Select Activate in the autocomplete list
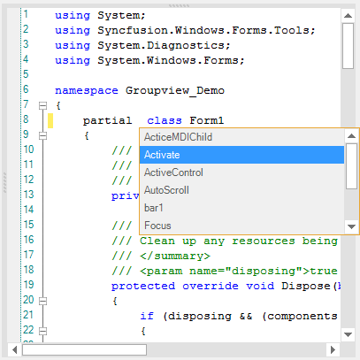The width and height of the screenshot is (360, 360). tap(162, 155)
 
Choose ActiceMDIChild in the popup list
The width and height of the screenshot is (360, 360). tap(178, 137)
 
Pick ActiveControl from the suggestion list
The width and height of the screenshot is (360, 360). tap(173, 172)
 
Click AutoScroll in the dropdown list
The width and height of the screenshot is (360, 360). tap(166, 190)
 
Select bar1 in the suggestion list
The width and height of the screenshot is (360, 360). tap(154, 208)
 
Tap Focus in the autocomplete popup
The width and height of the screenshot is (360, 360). tap(157, 226)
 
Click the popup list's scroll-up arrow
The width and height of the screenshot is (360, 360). tap(351, 136)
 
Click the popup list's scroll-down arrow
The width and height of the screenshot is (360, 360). tap(351, 226)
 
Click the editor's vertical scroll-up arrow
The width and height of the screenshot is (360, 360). tap(348, 16)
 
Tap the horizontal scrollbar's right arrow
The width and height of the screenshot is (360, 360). tap(333, 350)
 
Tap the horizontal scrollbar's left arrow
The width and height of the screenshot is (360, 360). tap(15, 350)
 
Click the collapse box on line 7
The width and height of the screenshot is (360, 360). tap(43, 105)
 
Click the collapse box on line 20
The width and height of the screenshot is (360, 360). tap(43, 301)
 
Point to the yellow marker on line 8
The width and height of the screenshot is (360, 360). tap(50, 120)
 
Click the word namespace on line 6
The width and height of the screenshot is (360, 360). tap(87, 90)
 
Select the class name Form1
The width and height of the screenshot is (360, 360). tap(207, 120)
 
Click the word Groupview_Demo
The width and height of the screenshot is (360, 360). tap(175, 90)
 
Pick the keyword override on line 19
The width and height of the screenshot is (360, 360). tap(211, 286)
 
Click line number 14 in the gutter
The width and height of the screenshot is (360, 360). tap(28, 210)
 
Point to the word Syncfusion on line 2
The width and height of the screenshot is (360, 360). tap(133, 30)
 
